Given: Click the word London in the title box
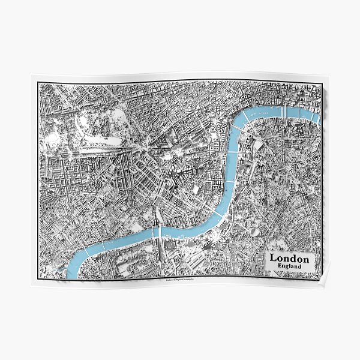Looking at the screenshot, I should (290, 258).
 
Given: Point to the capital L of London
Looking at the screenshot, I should (273, 258).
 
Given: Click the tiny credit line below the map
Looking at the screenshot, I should (180, 279).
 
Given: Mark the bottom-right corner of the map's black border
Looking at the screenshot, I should (322, 277).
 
